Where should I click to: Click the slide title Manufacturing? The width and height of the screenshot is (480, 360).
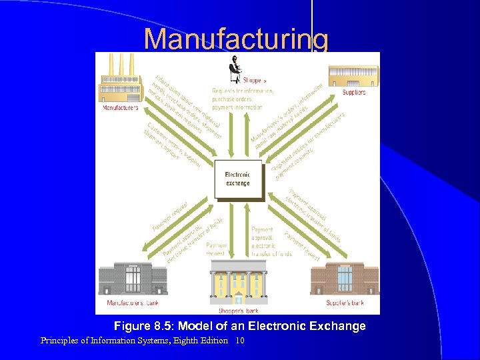(x=236, y=39)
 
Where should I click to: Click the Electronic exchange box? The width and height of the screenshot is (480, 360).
(x=237, y=179)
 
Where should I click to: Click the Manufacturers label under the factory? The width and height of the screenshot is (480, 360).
(x=121, y=107)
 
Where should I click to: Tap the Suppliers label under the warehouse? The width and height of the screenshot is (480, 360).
(x=354, y=93)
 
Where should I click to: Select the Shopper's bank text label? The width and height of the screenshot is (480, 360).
(x=237, y=310)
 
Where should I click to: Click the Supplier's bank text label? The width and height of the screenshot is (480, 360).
(x=345, y=303)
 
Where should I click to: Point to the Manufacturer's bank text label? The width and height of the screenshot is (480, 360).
(x=134, y=303)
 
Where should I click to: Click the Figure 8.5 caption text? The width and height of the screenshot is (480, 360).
(x=239, y=326)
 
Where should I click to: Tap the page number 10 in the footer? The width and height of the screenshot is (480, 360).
(x=240, y=341)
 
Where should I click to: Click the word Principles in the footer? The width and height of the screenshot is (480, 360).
(x=59, y=341)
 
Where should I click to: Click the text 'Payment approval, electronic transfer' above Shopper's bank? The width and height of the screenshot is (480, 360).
(x=271, y=241)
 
